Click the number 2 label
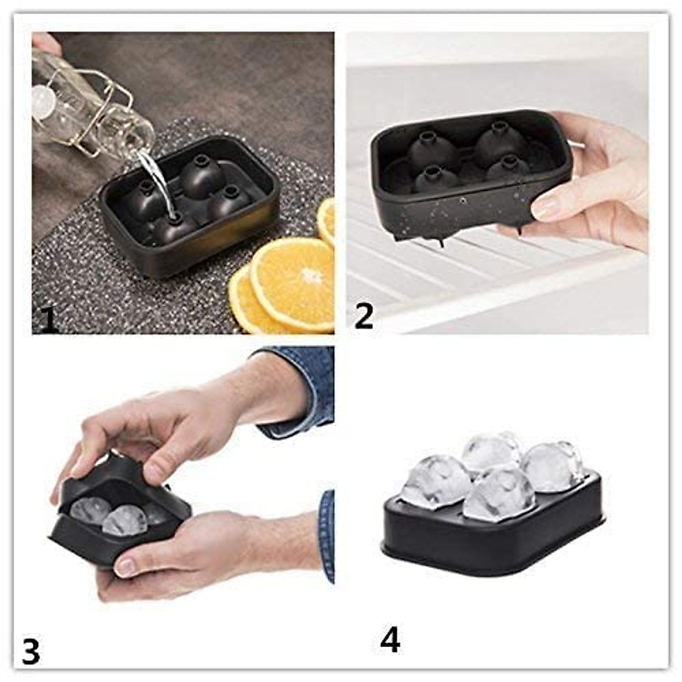coord(364,317)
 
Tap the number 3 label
coord(31,651)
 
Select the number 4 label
coord(390,639)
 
